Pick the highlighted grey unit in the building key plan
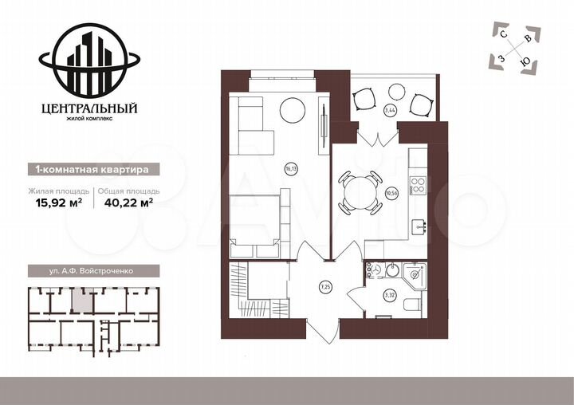pyautogui.click(x=81, y=300)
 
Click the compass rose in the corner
pyautogui.click(x=516, y=48)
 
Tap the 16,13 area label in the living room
pyautogui.click(x=291, y=168)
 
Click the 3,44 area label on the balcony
pyautogui.click(x=390, y=110)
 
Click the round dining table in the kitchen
pyautogui.click(x=360, y=192)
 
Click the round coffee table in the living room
pyautogui.click(x=292, y=109)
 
